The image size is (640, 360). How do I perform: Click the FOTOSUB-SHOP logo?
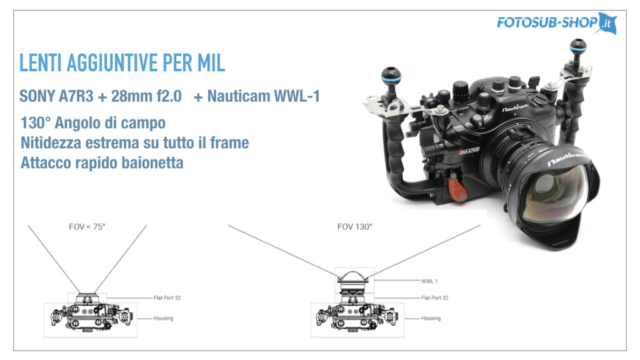click(556, 23)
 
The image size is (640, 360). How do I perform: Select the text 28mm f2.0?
click(146, 96)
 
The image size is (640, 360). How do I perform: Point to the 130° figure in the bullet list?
click(36, 122)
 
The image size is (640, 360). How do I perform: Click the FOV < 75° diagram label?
click(87, 227)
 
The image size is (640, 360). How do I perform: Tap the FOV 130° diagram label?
click(355, 227)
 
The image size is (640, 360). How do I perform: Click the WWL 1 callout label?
click(429, 281)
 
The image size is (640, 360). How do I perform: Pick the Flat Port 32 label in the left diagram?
click(167, 298)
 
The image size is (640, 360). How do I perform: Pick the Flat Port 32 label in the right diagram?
click(435, 298)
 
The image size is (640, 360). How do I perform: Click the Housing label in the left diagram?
click(163, 318)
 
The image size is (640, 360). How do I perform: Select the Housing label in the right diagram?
click(431, 318)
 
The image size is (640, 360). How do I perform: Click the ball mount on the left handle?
click(391, 76)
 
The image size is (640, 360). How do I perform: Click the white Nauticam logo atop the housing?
click(514, 107)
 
